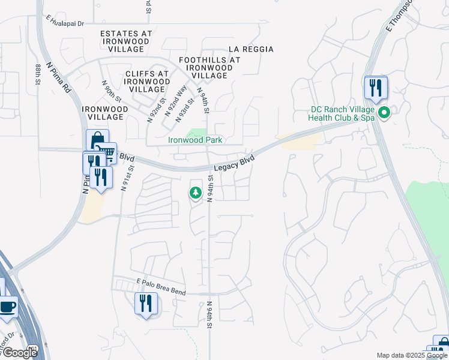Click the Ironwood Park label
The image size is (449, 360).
pos(194,140)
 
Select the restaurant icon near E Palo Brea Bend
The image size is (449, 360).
pos(145,303)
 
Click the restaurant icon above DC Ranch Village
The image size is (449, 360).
pos(375,88)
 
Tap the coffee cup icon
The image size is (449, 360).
pos(7,307)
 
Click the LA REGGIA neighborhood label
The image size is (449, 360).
pos(252,49)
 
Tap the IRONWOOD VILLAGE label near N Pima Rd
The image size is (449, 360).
pos(104,113)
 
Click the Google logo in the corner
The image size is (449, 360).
pos(19,352)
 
